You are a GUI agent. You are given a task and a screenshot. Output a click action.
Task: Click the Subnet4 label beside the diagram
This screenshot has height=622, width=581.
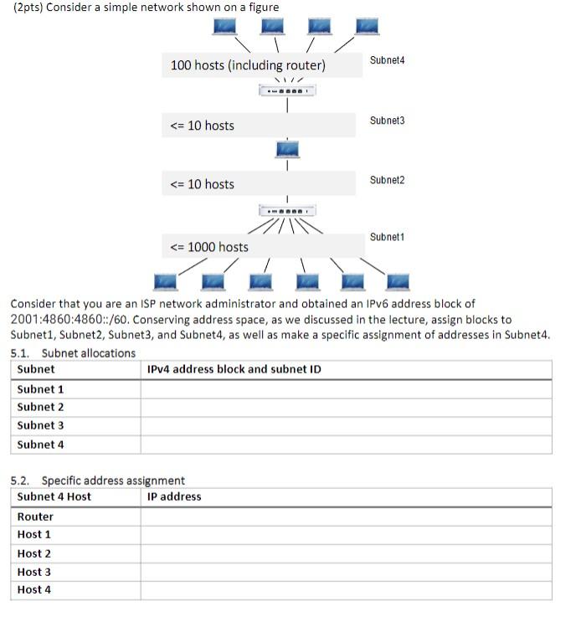click(387, 60)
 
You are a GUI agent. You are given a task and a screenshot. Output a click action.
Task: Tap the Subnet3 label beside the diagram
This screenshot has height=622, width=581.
click(387, 121)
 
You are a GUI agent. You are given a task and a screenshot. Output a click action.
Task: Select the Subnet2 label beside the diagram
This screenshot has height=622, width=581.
click(387, 180)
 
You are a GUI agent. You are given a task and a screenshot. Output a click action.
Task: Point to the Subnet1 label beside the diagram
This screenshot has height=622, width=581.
click(387, 237)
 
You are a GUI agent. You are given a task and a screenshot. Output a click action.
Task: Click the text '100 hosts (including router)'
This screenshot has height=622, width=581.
click(248, 65)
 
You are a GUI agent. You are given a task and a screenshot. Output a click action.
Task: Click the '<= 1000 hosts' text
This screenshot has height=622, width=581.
click(209, 247)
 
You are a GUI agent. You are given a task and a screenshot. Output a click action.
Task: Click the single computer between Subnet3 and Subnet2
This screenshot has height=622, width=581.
click(287, 149)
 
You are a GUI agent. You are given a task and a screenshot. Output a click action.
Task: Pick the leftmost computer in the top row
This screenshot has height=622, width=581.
click(223, 26)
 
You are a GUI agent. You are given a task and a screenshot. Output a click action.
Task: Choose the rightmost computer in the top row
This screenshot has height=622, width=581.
click(366, 26)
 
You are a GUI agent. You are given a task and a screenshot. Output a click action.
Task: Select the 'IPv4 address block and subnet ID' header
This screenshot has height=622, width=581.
click(234, 369)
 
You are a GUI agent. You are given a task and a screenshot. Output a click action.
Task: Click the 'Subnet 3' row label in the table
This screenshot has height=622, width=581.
click(40, 425)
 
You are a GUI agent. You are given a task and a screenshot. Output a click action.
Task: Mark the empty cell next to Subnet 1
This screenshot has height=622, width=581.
click(346, 389)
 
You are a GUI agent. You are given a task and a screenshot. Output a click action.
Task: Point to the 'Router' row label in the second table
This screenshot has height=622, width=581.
click(35, 517)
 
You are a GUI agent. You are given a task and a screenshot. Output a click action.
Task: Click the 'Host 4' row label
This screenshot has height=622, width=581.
click(34, 589)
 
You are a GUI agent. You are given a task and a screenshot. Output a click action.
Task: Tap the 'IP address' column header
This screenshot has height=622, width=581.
click(174, 496)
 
